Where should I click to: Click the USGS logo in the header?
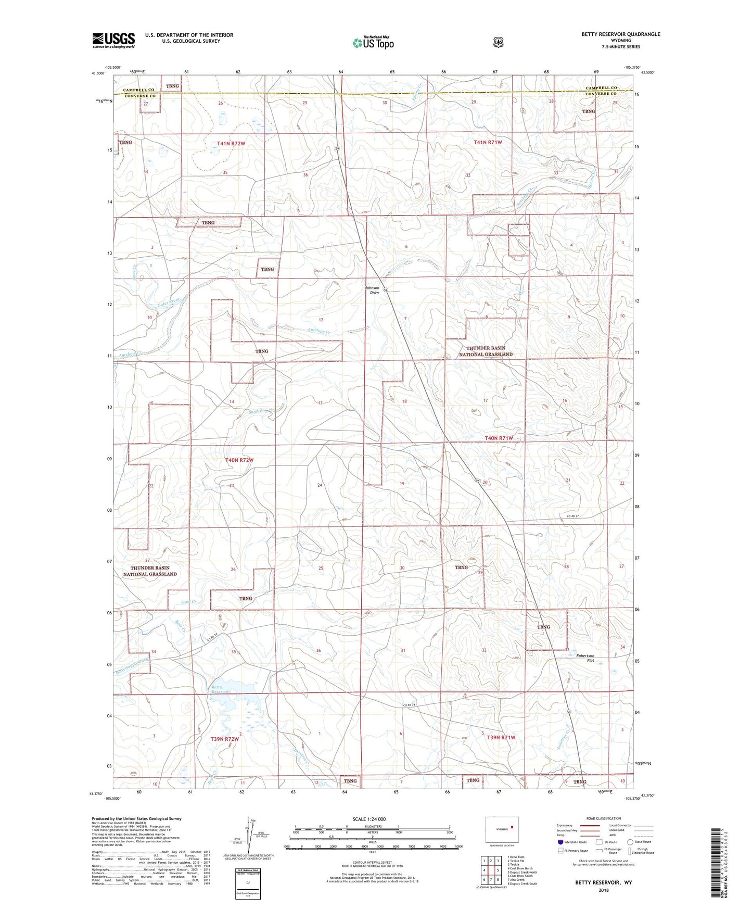113,40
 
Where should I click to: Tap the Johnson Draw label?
372,290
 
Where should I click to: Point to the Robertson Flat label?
585,658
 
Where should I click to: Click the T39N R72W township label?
225,739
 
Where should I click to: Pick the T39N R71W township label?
501,737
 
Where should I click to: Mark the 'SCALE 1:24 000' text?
369,819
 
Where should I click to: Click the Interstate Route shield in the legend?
560,842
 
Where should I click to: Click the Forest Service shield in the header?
498,42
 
